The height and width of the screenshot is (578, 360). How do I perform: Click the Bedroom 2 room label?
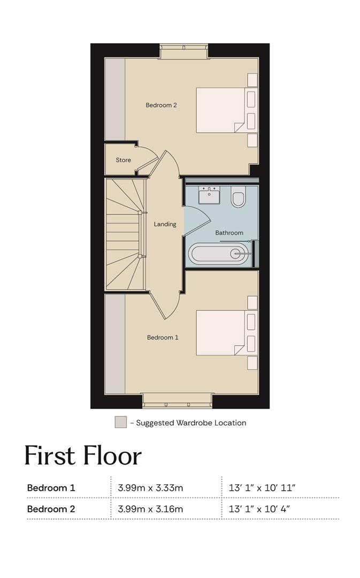click(161, 105)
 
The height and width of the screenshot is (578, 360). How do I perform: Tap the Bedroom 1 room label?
click(163, 337)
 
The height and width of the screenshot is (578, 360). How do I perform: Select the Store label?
click(123, 160)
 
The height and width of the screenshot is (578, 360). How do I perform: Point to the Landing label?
click(165, 224)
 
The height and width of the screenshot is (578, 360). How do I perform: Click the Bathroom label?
click(229, 233)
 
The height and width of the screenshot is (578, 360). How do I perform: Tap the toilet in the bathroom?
click(239, 196)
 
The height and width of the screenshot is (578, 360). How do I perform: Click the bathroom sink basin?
click(209, 195)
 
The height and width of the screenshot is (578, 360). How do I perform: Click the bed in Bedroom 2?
click(220, 110)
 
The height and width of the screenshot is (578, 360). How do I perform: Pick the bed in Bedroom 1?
click(220, 333)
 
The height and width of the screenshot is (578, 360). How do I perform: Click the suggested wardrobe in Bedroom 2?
click(115, 99)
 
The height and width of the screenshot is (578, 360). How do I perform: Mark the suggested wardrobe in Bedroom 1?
click(115, 344)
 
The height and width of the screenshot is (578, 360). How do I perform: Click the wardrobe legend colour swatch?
click(120, 422)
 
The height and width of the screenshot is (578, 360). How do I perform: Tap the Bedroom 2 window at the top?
click(184, 51)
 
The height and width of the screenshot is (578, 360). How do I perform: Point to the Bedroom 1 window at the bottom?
click(178, 401)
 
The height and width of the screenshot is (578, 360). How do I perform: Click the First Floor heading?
click(83, 455)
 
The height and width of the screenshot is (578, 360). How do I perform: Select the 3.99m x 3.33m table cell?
click(150, 488)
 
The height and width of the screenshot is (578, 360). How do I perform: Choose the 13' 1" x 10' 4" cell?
click(259, 509)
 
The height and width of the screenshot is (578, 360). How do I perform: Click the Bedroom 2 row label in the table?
click(51, 509)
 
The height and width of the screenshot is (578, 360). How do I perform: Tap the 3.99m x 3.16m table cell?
click(150, 509)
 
